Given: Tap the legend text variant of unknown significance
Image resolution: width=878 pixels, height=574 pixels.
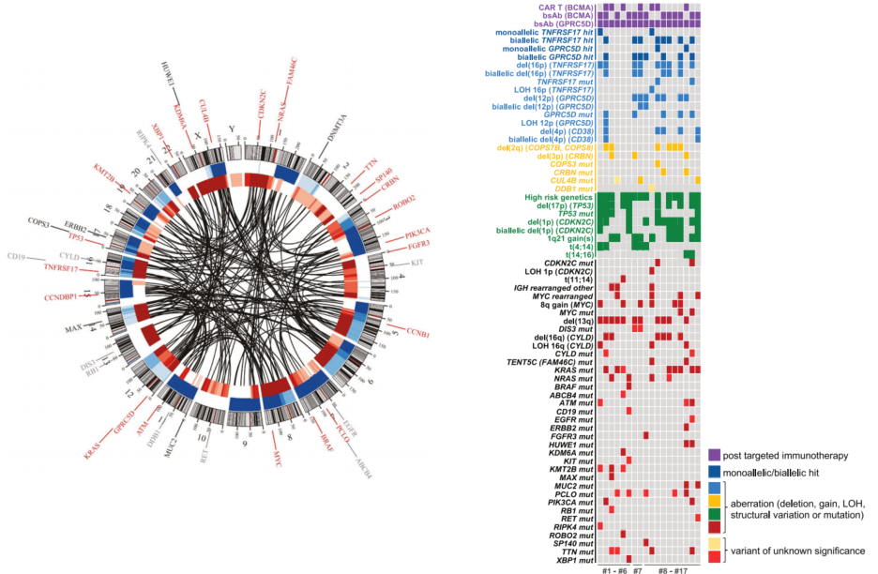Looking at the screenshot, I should pyautogui.click(x=798, y=551).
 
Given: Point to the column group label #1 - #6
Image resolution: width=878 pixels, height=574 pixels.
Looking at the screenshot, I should pyautogui.click(x=613, y=570).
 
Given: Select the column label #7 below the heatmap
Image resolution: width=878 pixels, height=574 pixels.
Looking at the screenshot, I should pyautogui.click(x=639, y=570).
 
